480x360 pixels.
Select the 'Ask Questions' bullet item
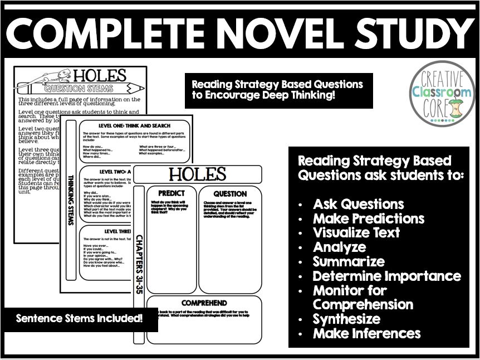[358, 204]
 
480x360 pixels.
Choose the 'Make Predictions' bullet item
[368, 218]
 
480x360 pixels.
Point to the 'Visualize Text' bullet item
[356, 233]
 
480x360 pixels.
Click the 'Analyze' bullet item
[339, 247]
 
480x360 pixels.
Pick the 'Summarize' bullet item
[349, 262]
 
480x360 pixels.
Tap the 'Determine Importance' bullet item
[386, 276]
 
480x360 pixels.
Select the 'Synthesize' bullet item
[346, 319]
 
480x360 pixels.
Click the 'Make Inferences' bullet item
[366, 334]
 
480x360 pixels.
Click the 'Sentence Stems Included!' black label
[79, 319]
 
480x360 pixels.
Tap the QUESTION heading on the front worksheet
[230, 193]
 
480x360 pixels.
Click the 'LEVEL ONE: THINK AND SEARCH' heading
[134, 125]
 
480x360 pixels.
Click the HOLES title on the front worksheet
[198, 174]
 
